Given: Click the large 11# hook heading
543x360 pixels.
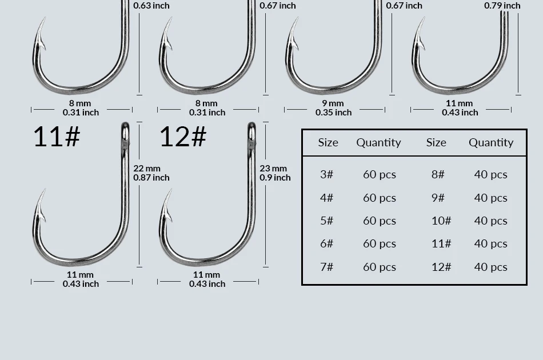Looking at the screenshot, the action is click(57, 137).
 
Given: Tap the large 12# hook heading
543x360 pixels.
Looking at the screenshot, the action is click(183, 137).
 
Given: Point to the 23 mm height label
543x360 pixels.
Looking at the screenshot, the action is click(273, 168).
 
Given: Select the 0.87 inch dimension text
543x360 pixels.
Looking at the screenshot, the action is click(151, 178).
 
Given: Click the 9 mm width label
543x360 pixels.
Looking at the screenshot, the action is click(333, 103).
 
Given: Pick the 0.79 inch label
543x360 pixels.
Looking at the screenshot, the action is click(502, 6).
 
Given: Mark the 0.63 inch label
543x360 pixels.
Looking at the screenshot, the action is click(151, 6).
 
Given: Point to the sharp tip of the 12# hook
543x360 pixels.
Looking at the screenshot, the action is click(171, 189).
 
